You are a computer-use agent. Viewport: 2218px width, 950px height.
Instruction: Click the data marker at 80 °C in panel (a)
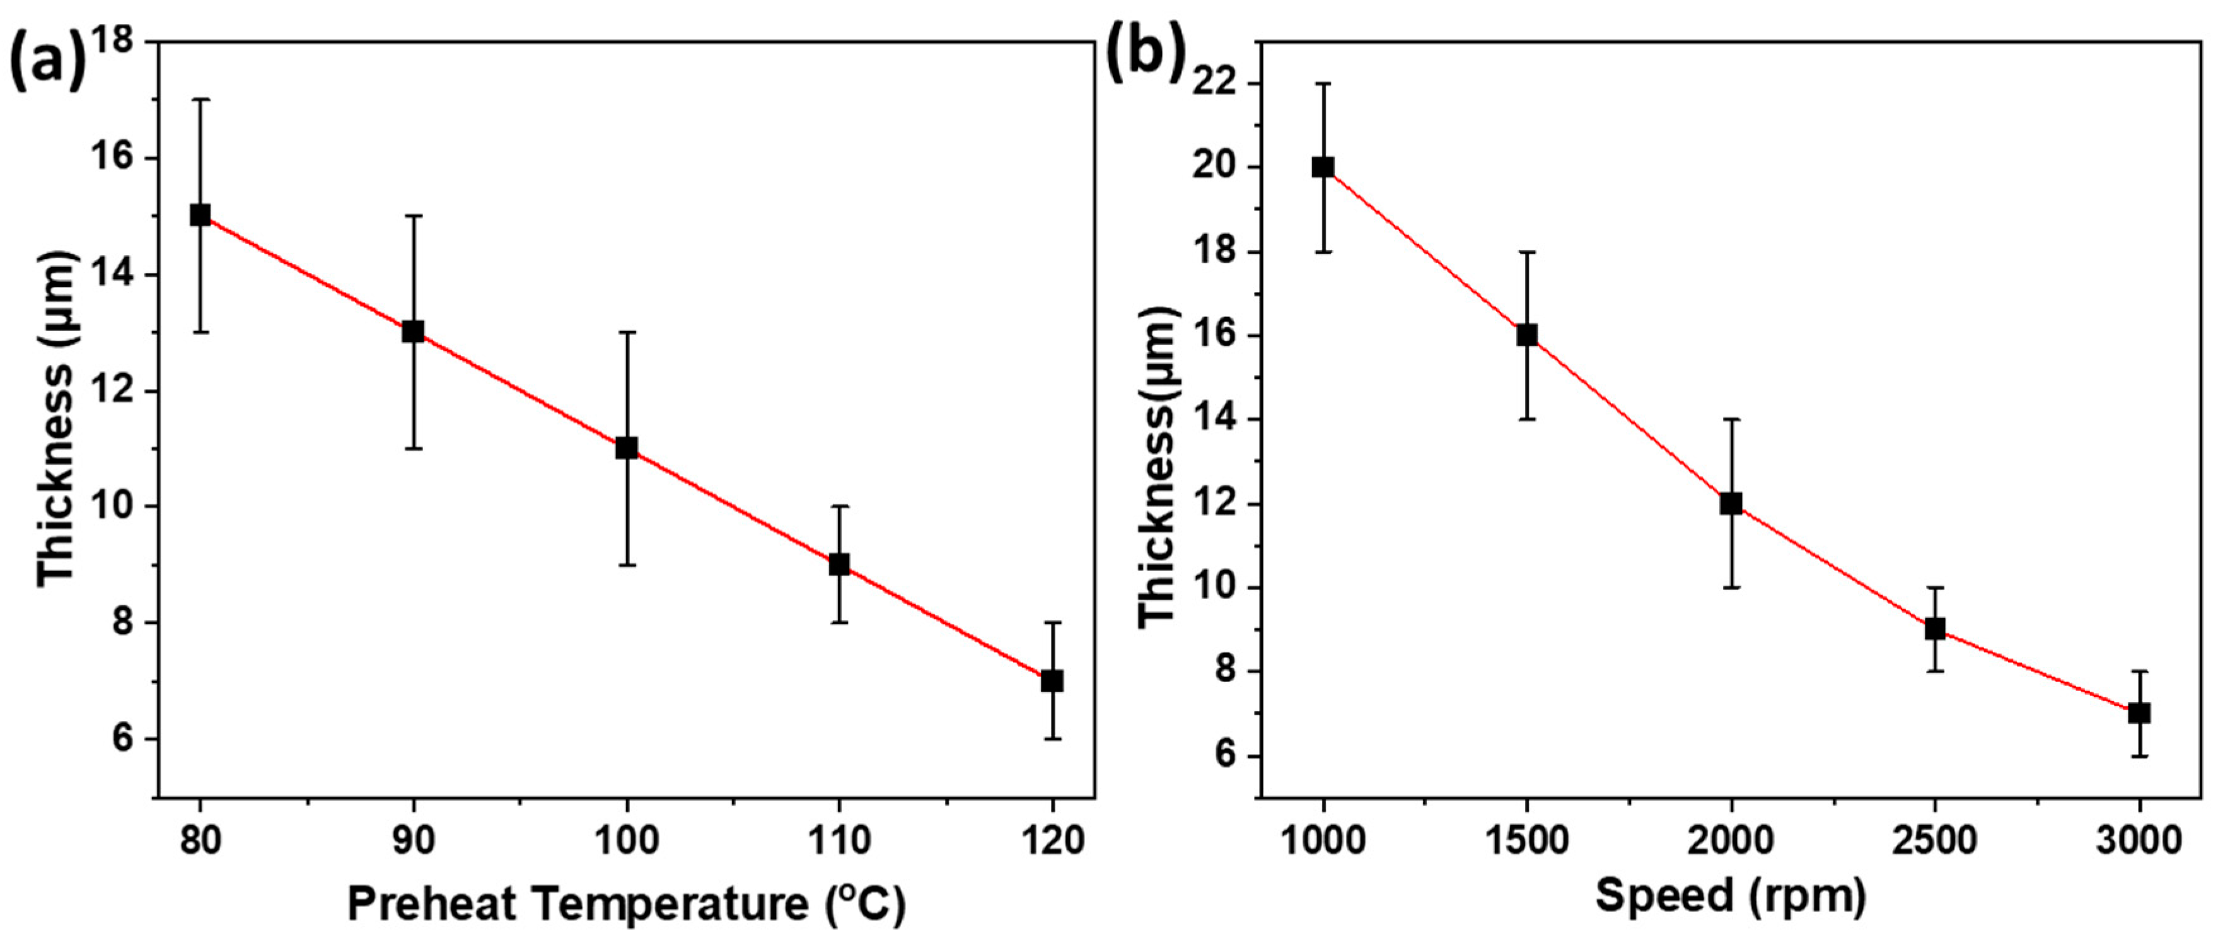[x=200, y=216]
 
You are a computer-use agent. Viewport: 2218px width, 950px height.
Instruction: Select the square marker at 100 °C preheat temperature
[x=626, y=448]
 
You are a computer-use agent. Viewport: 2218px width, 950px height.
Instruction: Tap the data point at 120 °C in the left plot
[x=1051, y=680]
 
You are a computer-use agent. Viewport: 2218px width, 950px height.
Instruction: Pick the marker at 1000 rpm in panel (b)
[x=1323, y=167]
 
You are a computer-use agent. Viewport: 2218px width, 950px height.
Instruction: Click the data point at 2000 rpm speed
[x=1731, y=504]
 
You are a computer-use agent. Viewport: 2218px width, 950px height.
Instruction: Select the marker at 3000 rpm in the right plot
[x=2139, y=713]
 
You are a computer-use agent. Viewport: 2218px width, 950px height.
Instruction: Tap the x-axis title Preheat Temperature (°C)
[x=626, y=903]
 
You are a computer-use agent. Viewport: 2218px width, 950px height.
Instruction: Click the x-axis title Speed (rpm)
[x=1731, y=896]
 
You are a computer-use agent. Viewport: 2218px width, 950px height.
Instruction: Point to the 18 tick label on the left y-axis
[x=120, y=43]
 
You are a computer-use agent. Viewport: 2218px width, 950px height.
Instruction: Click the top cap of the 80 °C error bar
[x=200, y=100]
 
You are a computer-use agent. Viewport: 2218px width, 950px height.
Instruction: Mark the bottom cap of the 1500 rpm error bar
[x=1526, y=419]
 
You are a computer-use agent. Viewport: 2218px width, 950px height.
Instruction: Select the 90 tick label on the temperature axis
[x=414, y=840]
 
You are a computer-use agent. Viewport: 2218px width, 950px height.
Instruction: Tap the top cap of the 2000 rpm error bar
[x=1731, y=419]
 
